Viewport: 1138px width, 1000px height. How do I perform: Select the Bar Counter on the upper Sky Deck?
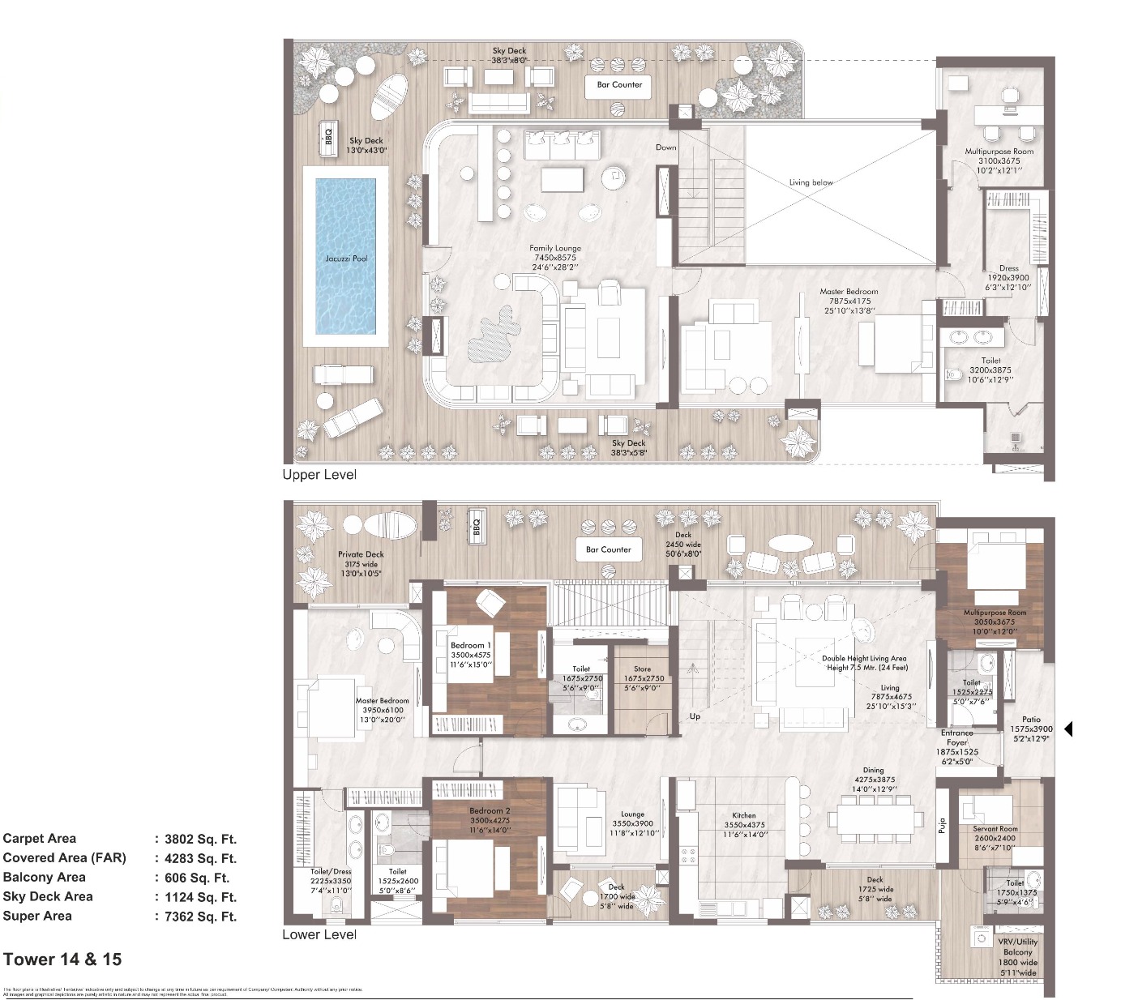[619, 85]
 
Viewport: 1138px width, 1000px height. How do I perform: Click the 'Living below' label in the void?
[811, 182]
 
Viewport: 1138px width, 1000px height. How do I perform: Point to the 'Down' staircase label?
[665, 147]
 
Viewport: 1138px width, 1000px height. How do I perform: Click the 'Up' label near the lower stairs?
[695, 716]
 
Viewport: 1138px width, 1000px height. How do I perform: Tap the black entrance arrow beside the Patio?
[1067, 729]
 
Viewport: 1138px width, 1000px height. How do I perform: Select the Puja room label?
[942, 827]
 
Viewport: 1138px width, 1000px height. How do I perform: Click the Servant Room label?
[995, 829]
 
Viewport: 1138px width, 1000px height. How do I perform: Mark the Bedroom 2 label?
[490, 810]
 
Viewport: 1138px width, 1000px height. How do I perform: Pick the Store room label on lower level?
[642, 669]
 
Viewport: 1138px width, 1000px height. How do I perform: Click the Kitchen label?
[743, 816]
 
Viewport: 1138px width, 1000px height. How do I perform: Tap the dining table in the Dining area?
[876, 818]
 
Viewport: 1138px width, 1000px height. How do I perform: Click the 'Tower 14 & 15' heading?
[62, 959]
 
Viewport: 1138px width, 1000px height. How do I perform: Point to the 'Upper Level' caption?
[319, 475]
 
